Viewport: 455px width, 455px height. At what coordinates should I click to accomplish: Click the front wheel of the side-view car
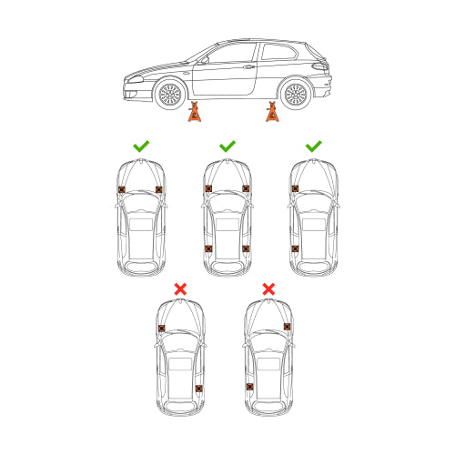[x=169, y=94]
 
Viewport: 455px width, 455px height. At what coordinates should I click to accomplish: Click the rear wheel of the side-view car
[x=295, y=94]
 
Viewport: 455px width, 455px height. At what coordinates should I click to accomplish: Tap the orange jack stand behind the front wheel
[x=194, y=112]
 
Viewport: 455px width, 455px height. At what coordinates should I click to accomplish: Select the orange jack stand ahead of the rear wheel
[x=272, y=112]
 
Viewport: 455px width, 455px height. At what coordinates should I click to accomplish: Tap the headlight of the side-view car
[x=135, y=79]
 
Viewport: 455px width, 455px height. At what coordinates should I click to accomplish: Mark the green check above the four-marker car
[x=227, y=146]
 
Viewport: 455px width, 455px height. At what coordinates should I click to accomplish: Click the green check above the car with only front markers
[x=141, y=146]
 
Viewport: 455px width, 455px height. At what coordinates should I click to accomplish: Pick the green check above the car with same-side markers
[x=314, y=146]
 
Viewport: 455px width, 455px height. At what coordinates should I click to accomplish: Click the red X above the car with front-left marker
[x=180, y=288]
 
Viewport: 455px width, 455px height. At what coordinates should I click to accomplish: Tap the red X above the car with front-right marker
[x=268, y=288]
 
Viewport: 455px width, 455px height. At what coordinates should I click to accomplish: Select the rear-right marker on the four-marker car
[x=246, y=248]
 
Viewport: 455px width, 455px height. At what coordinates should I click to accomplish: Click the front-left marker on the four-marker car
[x=208, y=188]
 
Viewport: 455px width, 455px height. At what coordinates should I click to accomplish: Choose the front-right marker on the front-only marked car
[x=159, y=189]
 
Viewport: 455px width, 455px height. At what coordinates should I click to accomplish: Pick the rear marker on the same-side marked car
[x=295, y=248]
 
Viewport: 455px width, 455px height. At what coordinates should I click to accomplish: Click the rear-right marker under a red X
[x=198, y=389]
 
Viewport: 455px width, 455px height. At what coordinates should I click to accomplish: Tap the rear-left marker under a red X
[x=250, y=387]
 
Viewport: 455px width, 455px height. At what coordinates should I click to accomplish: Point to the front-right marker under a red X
[x=287, y=327]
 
